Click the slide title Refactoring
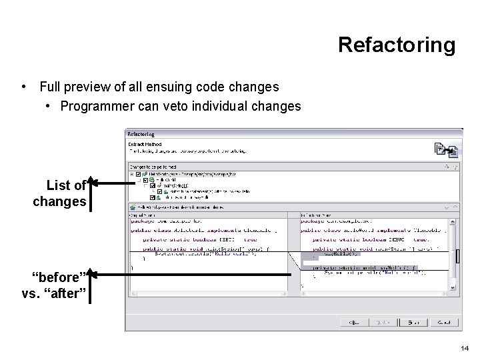(x=397, y=45)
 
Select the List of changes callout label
(x=59, y=193)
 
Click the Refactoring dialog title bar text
(x=141, y=134)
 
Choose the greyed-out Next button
(x=377, y=322)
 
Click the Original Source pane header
(x=143, y=215)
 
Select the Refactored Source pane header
(x=313, y=215)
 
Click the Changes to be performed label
(x=153, y=166)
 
